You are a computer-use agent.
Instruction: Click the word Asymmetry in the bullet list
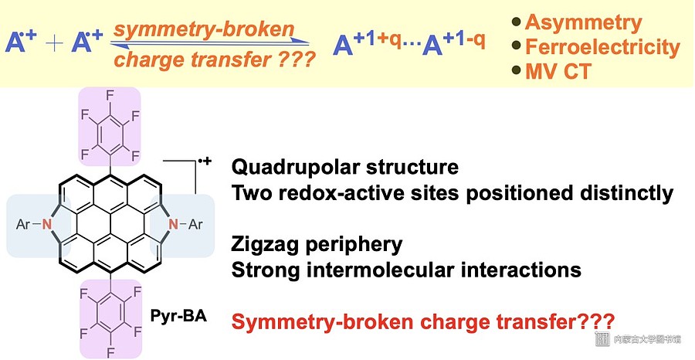[x=583, y=22]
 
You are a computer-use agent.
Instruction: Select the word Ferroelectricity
[x=602, y=47]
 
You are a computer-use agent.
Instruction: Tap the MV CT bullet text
[x=558, y=71]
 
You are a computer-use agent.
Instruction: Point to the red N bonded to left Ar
[x=47, y=224]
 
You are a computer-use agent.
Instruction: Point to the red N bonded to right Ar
[x=173, y=224]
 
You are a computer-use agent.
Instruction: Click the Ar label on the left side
[x=23, y=224]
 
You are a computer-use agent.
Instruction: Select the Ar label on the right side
[x=195, y=224]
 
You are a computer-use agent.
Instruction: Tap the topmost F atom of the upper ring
[x=110, y=94]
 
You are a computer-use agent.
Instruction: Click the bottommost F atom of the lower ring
[x=110, y=353]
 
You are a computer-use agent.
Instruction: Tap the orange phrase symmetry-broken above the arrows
[x=204, y=29]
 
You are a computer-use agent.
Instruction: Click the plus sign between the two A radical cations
[x=54, y=44]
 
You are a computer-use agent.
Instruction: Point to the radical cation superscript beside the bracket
[x=205, y=161]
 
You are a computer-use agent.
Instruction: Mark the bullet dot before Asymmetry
[x=517, y=22]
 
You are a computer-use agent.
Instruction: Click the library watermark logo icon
[x=602, y=338]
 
